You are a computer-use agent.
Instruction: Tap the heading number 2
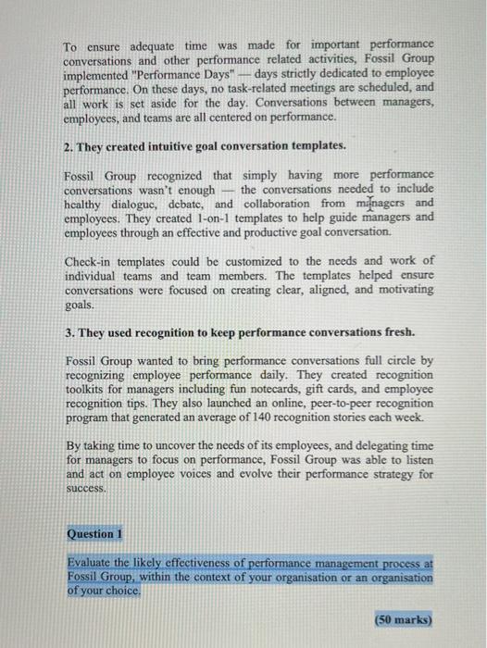point(69,146)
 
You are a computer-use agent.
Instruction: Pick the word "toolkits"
point(90,388)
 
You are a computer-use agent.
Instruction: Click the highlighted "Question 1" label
point(94,533)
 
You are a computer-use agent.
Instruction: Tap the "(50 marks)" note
point(405,618)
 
